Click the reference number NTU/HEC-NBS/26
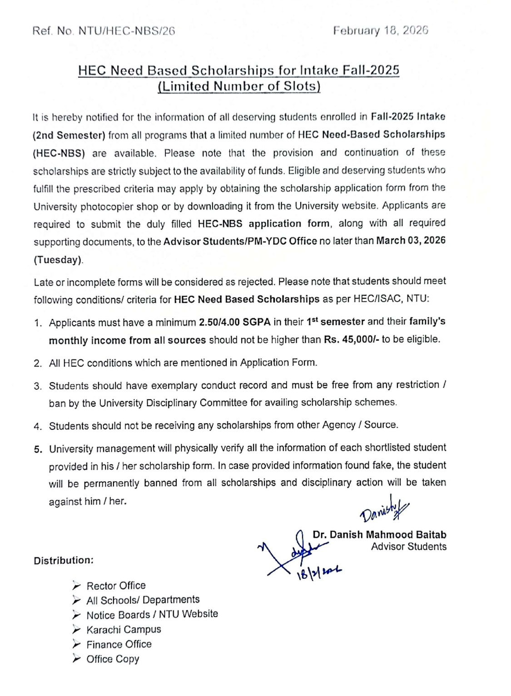127,31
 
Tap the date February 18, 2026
380,30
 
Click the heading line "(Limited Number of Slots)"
239,86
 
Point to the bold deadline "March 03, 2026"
411,241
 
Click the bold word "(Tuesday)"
58,260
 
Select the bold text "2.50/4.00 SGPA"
234,322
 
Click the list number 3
38,386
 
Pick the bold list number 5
38,449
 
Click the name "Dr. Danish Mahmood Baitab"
379,535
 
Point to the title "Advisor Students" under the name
408,547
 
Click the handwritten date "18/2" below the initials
318,573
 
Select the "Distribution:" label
64,560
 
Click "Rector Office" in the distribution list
116,586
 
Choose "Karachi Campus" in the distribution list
124,630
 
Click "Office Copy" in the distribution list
113,659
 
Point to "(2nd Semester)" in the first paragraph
69,135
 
